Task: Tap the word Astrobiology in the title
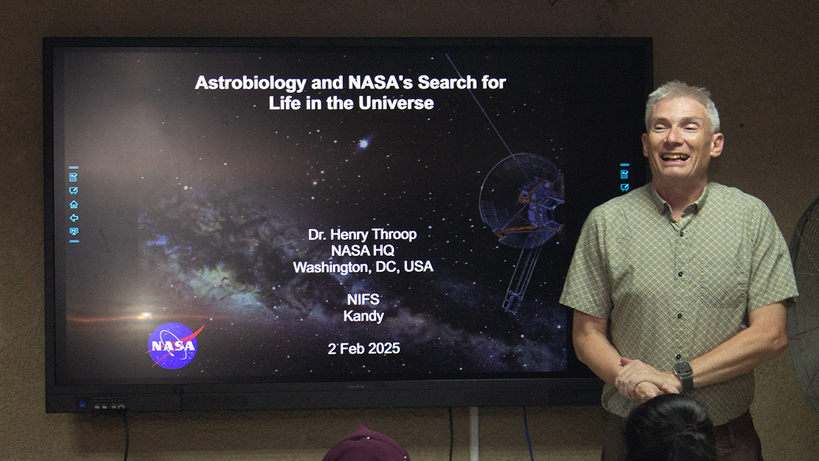pyautogui.click(x=250, y=83)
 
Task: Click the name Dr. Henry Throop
pyautogui.click(x=362, y=235)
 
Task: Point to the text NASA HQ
pyautogui.click(x=363, y=250)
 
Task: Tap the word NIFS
pyautogui.click(x=363, y=300)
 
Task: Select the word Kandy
pyautogui.click(x=363, y=316)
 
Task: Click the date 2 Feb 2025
pyautogui.click(x=364, y=349)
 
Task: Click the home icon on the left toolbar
pyautogui.click(x=74, y=204)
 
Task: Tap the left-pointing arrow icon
pyautogui.click(x=74, y=218)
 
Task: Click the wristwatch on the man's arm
pyautogui.click(x=683, y=375)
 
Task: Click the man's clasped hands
pyautogui.click(x=644, y=380)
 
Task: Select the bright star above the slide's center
pyautogui.click(x=363, y=143)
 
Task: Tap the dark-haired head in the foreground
pyautogui.click(x=669, y=428)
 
